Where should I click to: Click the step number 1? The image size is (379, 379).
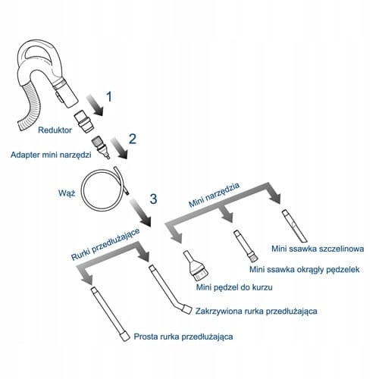pos(109,97)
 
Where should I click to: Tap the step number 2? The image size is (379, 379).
pos(133,139)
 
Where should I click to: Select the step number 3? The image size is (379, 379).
pos(153,199)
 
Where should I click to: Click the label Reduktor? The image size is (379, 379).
pos(55,130)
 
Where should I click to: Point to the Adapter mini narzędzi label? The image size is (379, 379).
pos(51,155)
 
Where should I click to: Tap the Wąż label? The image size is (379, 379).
pos(67,193)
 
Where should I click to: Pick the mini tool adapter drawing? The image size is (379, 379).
pos(101,147)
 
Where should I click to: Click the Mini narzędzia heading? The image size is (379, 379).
pos(215,195)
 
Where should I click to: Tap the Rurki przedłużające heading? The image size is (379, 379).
pos(105,244)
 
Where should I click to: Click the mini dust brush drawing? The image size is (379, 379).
pos(196,266)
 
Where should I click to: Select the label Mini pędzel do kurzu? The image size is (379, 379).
pos(234,287)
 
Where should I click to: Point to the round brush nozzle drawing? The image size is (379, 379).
pos(245,246)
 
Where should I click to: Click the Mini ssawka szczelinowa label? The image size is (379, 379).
pos(318,249)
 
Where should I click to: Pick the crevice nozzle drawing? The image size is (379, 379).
pos(294,226)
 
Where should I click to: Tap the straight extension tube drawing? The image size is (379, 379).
pos(110,314)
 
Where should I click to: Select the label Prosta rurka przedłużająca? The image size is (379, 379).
pos(183,337)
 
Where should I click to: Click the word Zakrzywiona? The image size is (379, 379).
pos(218,311)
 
